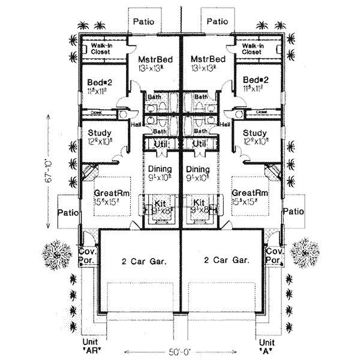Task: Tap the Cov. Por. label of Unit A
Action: click(274, 257)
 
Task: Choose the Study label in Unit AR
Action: click(98, 133)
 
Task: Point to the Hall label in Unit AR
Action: click(136, 124)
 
